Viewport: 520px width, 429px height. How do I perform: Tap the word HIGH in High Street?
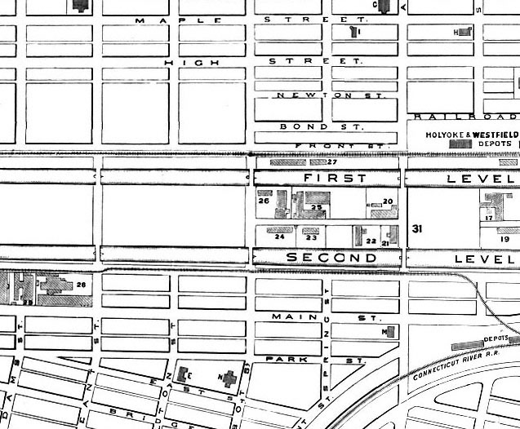(x=180, y=62)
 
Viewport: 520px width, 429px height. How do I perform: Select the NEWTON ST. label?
(x=326, y=95)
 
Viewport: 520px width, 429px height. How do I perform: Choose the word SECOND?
(x=331, y=258)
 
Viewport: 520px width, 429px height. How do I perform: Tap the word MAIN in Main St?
(x=287, y=316)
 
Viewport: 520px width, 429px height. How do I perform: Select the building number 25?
(x=317, y=207)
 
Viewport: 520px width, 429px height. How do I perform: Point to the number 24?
(x=279, y=237)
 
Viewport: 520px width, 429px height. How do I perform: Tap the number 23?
(x=310, y=237)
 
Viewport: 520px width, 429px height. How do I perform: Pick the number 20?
(x=388, y=201)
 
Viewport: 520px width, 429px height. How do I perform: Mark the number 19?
(x=504, y=239)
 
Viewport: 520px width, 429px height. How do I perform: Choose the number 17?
(x=488, y=218)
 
